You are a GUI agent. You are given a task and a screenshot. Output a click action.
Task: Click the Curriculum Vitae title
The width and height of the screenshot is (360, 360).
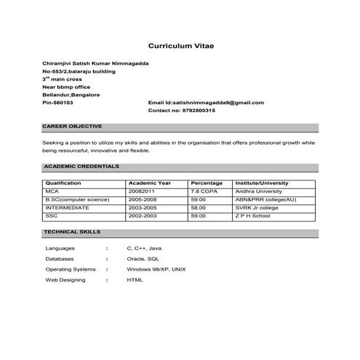point(180,45)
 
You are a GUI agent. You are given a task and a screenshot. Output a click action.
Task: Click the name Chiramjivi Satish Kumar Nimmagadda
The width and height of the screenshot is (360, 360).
point(96,64)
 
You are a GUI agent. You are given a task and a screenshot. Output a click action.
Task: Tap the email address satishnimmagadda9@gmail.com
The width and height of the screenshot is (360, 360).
point(206,103)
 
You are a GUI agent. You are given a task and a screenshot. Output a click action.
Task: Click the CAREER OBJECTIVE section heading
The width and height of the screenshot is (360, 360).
point(73,127)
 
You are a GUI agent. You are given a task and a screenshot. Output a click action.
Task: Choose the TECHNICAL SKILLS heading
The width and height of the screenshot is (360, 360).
point(72,231)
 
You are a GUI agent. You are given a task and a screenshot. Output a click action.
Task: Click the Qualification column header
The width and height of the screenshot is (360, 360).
point(63,183)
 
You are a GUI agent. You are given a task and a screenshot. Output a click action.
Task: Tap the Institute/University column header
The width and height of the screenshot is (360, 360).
point(262,183)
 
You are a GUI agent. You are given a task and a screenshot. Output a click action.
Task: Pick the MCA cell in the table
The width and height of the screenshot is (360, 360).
point(52,191)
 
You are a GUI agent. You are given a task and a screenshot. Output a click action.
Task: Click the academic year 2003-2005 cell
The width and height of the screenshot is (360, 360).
point(143,207)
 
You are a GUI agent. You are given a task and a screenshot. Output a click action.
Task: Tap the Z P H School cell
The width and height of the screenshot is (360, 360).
point(252,215)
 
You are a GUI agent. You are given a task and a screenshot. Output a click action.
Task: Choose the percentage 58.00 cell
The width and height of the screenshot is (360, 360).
point(199,207)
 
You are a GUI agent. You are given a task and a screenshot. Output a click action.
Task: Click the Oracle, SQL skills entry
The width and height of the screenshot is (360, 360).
point(143,258)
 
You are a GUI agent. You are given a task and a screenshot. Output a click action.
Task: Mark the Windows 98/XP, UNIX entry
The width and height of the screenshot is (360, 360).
point(156,269)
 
